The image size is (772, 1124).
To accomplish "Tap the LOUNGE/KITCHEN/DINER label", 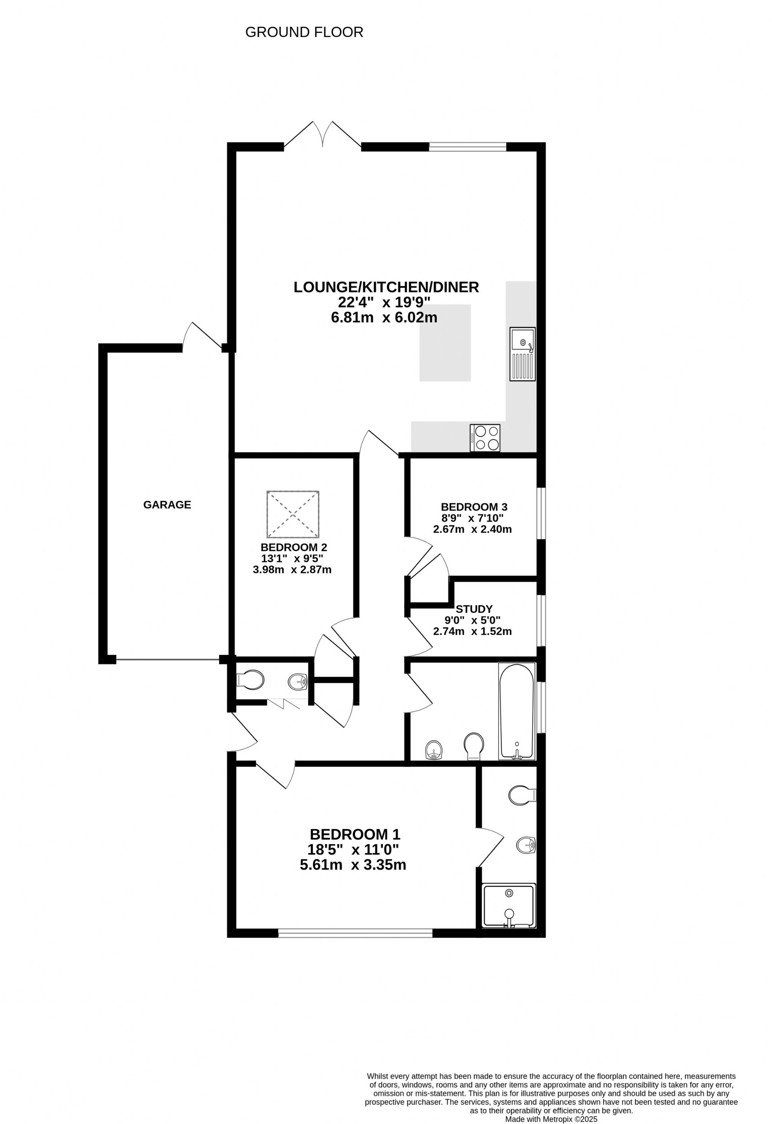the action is (x=386, y=287).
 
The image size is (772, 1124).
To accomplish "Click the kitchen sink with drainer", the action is (x=522, y=353).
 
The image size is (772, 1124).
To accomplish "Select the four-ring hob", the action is (x=485, y=438).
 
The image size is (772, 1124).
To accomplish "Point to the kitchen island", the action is (x=445, y=342).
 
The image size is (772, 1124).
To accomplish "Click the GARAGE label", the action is (x=167, y=505).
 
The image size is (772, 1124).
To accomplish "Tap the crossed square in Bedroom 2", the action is (x=293, y=514).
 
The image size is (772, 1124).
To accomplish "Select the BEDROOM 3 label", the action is (x=474, y=507).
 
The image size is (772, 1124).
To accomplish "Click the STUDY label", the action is (x=474, y=609).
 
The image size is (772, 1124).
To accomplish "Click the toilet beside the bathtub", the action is (x=474, y=746).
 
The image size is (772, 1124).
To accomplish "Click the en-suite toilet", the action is (x=522, y=794).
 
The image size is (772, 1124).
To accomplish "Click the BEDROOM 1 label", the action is (x=355, y=834).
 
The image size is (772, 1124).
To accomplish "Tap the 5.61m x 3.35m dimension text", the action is (x=353, y=865).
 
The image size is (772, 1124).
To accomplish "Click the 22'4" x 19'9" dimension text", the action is (x=384, y=302).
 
